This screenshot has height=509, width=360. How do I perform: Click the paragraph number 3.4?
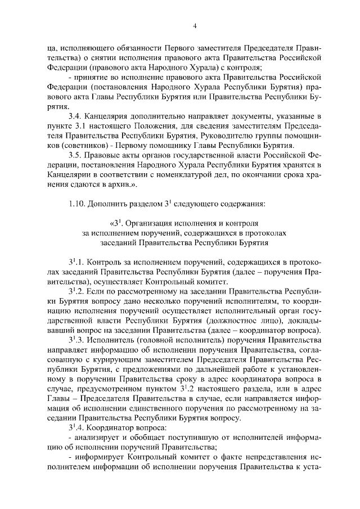coord(75,116)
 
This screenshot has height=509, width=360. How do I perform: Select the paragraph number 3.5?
coord(75,155)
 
